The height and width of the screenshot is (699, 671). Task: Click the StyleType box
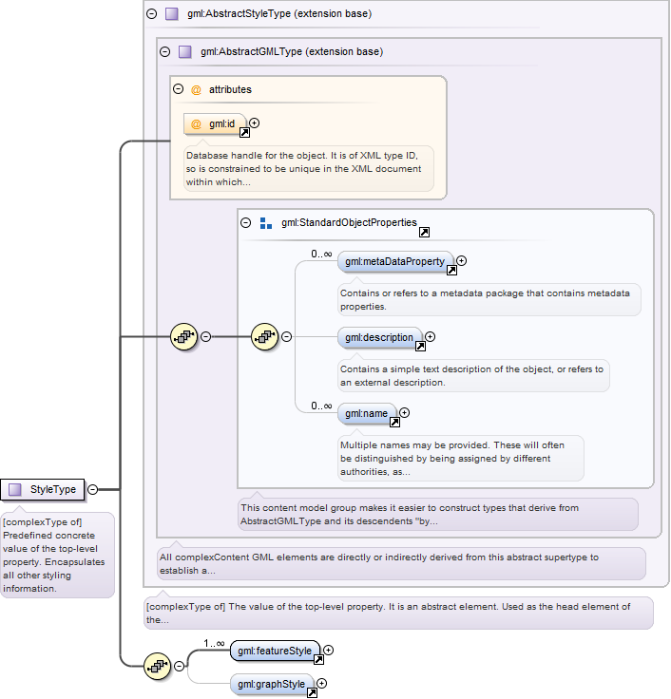coord(43,489)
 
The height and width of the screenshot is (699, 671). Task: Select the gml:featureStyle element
coord(275,651)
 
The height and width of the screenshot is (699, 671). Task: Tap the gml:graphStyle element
coord(272,684)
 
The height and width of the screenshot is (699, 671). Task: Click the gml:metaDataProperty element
coord(395,262)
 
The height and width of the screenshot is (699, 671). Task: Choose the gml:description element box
coord(379,337)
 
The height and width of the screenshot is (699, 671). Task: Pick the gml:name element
coord(367,413)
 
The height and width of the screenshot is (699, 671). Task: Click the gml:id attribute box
coord(215,123)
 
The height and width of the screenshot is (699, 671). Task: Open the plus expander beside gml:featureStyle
coord(328,651)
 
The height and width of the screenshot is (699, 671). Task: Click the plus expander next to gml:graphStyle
coord(321,684)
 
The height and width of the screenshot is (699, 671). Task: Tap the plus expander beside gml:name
coord(404,413)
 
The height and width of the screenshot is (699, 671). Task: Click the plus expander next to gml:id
coord(255,123)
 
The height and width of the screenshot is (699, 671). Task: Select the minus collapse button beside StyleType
coord(93,489)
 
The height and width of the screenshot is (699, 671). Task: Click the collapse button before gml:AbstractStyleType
coord(152,14)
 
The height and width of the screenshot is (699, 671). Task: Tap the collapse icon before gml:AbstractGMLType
coord(165,51)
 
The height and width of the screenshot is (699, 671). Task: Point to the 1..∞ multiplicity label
coord(214,643)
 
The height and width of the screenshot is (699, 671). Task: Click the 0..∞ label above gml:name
coord(321,406)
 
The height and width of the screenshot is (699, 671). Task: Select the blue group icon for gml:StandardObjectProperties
coord(266,223)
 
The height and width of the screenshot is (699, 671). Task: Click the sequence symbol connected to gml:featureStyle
coord(158,667)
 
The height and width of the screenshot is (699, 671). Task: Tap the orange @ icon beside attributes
coord(196,89)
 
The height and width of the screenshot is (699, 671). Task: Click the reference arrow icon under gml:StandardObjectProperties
coord(424,233)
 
